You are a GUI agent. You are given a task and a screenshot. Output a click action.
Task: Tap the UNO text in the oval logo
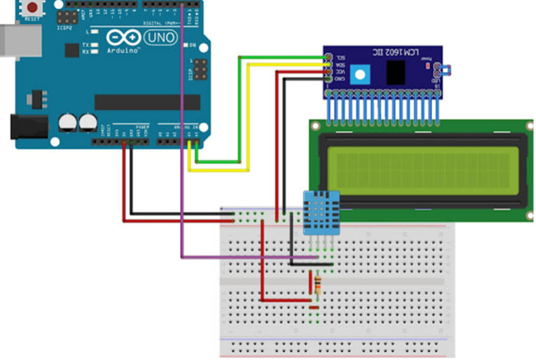[160, 38]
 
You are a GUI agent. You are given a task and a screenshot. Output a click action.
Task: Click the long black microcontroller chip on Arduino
[147, 102]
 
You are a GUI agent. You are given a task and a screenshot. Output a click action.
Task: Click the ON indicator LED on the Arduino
[184, 45]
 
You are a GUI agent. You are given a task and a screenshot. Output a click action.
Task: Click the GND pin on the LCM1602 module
[328, 79]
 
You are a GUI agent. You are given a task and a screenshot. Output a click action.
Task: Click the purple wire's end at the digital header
[183, 6]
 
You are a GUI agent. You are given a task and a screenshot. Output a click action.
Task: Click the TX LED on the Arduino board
[94, 45]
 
